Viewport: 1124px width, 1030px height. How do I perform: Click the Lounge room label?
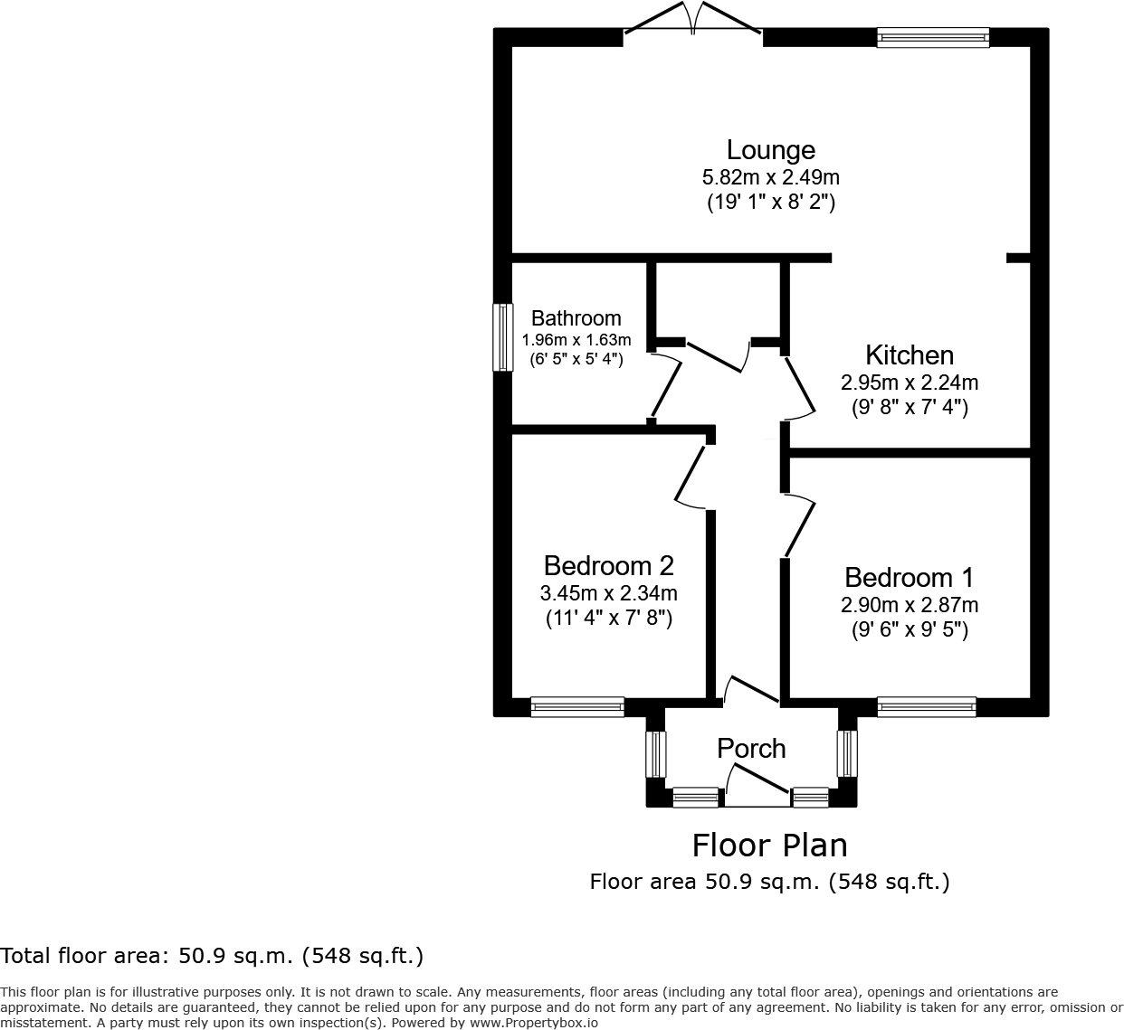click(x=771, y=150)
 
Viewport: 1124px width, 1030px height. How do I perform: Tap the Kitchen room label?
click(x=910, y=355)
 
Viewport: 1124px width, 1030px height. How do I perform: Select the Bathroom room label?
click(x=576, y=318)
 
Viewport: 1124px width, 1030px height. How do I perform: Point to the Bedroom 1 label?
click(x=910, y=578)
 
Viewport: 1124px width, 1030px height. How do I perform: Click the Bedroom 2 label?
click(x=608, y=566)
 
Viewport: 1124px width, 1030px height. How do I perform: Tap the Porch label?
click(x=751, y=749)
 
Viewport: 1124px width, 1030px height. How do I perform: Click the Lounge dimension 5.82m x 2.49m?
click(x=771, y=177)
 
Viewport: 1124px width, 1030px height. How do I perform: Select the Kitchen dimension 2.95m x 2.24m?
click(x=910, y=383)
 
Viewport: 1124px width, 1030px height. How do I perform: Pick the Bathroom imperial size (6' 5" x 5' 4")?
click(x=576, y=359)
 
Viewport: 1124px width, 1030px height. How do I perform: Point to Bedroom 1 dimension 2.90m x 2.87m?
click(x=910, y=605)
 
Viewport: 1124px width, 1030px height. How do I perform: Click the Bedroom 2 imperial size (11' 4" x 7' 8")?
click(x=608, y=619)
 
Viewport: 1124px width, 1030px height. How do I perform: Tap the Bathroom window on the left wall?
click(x=501, y=337)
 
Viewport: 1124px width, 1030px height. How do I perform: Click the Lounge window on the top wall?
click(x=932, y=37)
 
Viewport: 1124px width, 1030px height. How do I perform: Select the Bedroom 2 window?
click(x=577, y=706)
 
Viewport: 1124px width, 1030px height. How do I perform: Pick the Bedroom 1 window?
click(x=927, y=706)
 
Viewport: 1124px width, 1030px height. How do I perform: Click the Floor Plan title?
click(x=770, y=846)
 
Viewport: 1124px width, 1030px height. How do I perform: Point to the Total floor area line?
click(x=212, y=956)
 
